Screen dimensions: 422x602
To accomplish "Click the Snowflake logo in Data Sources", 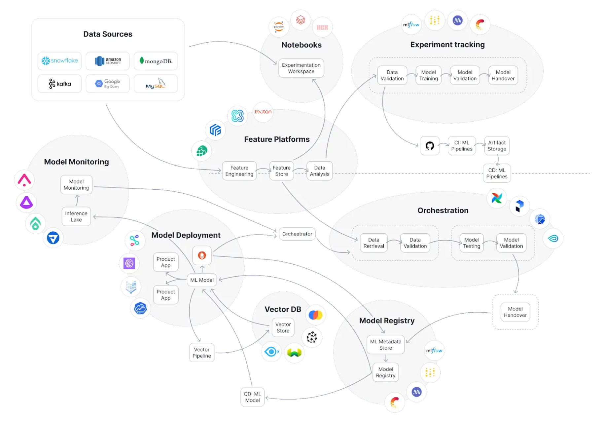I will (x=59, y=61).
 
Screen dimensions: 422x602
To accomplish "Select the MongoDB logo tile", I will (x=156, y=61).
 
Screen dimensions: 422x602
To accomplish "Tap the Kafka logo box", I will (x=59, y=84).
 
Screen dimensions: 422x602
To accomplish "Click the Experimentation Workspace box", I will (x=301, y=68).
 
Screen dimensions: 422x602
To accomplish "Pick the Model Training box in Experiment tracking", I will (x=428, y=75).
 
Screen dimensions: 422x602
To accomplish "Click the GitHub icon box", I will (x=430, y=145).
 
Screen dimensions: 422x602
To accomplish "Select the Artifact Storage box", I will (x=497, y=146).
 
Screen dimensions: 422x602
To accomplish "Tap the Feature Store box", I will (x=281, y=171).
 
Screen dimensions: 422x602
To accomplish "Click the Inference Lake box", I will (x=76, y=216).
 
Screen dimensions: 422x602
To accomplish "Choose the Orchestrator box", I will (x=297, y=234).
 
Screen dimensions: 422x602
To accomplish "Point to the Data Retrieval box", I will (x=373, y=243).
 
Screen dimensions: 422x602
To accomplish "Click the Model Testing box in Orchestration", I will (x=471, y=243).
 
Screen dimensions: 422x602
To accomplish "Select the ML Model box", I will (x=202, y=280).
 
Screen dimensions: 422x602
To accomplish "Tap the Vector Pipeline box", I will (x=202, y=353).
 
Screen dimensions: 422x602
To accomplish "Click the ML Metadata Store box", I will (x=385, y=345).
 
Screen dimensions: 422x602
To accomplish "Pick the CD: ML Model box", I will (x=252, y=397).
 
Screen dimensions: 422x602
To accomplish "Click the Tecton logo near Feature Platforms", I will (x=263, y=112).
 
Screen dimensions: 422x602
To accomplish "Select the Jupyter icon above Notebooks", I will (x=279, y=27).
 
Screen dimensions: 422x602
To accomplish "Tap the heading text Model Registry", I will (x=387, y=321).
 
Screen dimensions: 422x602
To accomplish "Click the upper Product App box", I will (x=165, y=262).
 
